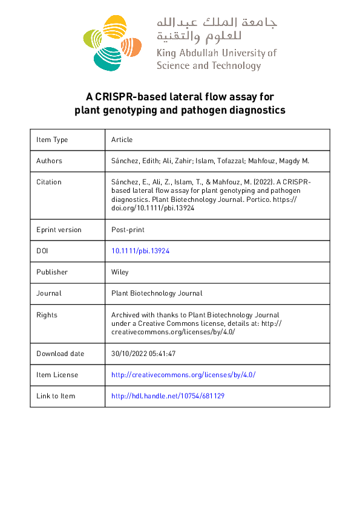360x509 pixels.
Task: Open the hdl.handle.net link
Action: click(168, 396)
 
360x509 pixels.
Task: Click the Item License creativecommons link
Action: click(183, 375)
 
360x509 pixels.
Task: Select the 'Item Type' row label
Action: click(52, 140)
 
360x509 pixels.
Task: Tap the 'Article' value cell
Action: click(122, 140)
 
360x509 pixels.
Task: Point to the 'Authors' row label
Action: click(49, 161)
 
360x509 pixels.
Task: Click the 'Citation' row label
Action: click(48, 182)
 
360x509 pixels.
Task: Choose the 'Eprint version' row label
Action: click(59, 230)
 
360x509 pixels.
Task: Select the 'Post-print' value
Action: click(128, 230)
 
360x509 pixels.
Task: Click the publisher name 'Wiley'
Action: click(120, 272)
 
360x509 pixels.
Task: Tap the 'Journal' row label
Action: click(48, 293)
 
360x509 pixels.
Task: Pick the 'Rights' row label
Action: click(47, 315)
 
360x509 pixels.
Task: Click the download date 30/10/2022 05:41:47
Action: click(144, 354)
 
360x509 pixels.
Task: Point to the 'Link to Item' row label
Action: click(56, 396)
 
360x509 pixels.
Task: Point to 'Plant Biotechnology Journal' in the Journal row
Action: click(157, 293)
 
